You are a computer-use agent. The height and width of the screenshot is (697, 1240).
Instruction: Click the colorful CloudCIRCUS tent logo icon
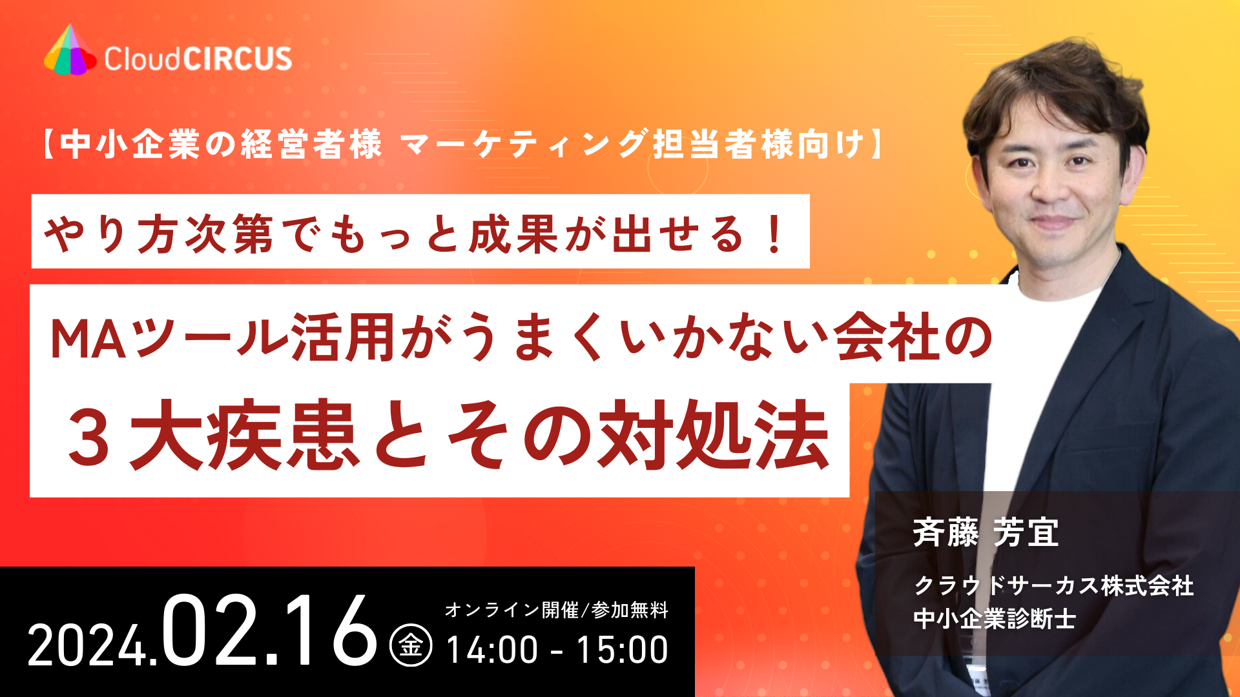tap(69, 52)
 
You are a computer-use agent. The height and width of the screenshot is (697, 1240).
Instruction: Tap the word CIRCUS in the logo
tap(237, 59)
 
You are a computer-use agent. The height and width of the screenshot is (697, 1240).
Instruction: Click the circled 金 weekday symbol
tap(411, 645)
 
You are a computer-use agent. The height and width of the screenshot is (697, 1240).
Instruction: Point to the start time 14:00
tap(491, 649)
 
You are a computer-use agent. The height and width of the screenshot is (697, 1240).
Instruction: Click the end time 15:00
tap(622, 649)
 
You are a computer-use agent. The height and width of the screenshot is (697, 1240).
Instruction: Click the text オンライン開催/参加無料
tap(556, 610)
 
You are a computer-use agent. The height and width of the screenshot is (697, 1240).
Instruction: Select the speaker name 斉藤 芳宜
tap(986, 533)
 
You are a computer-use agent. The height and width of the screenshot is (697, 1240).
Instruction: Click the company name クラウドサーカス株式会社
tap(1053, 586)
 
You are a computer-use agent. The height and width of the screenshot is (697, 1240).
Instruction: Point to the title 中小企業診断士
tap(995, 619)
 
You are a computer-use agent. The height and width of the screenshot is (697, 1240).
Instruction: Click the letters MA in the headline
tap(88, 339)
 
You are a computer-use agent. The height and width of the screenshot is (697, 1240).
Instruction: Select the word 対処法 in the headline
tap(712, 436)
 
